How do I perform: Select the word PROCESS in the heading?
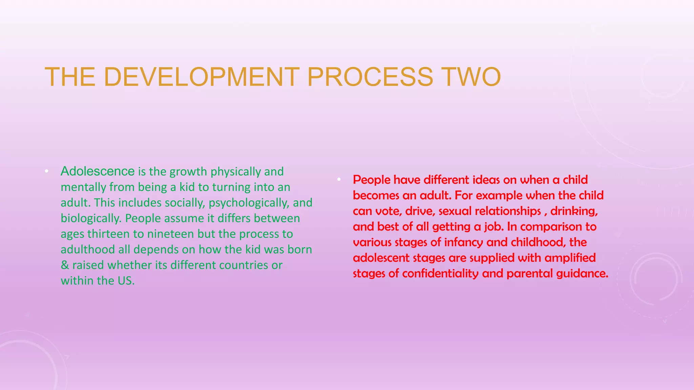[370, 77]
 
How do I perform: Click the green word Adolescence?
[98, 171]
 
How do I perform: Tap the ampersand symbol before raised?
[65, 265]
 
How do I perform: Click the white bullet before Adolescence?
[47, 171]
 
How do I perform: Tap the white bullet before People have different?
[339, 179]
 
